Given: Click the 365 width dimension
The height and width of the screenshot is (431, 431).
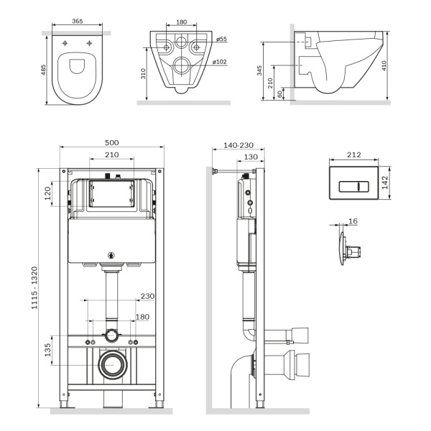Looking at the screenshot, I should pyautogui.click(x=75, y=22).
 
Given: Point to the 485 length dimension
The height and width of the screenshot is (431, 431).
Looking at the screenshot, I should pyautogui.click(x=43, y=70).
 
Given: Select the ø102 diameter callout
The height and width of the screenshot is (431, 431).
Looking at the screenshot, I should pyautogui.click(x=220, y=62).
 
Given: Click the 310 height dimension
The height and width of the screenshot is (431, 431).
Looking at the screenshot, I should pyautogui.click(x=144, y=74).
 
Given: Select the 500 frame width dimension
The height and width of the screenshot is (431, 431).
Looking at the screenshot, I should pyautogui.click(x=112, y=142).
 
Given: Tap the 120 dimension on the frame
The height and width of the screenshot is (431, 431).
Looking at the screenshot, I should pyautogui.click(x=49, y=194).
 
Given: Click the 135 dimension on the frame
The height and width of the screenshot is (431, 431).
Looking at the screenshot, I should pyautogui.click(x=49, y=351).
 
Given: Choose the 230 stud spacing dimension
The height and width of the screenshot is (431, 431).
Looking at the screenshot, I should pyautogui.click(x=147, y=296).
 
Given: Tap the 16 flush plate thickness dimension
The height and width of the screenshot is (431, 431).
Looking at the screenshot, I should pyautogui.click(x=353, y=223).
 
